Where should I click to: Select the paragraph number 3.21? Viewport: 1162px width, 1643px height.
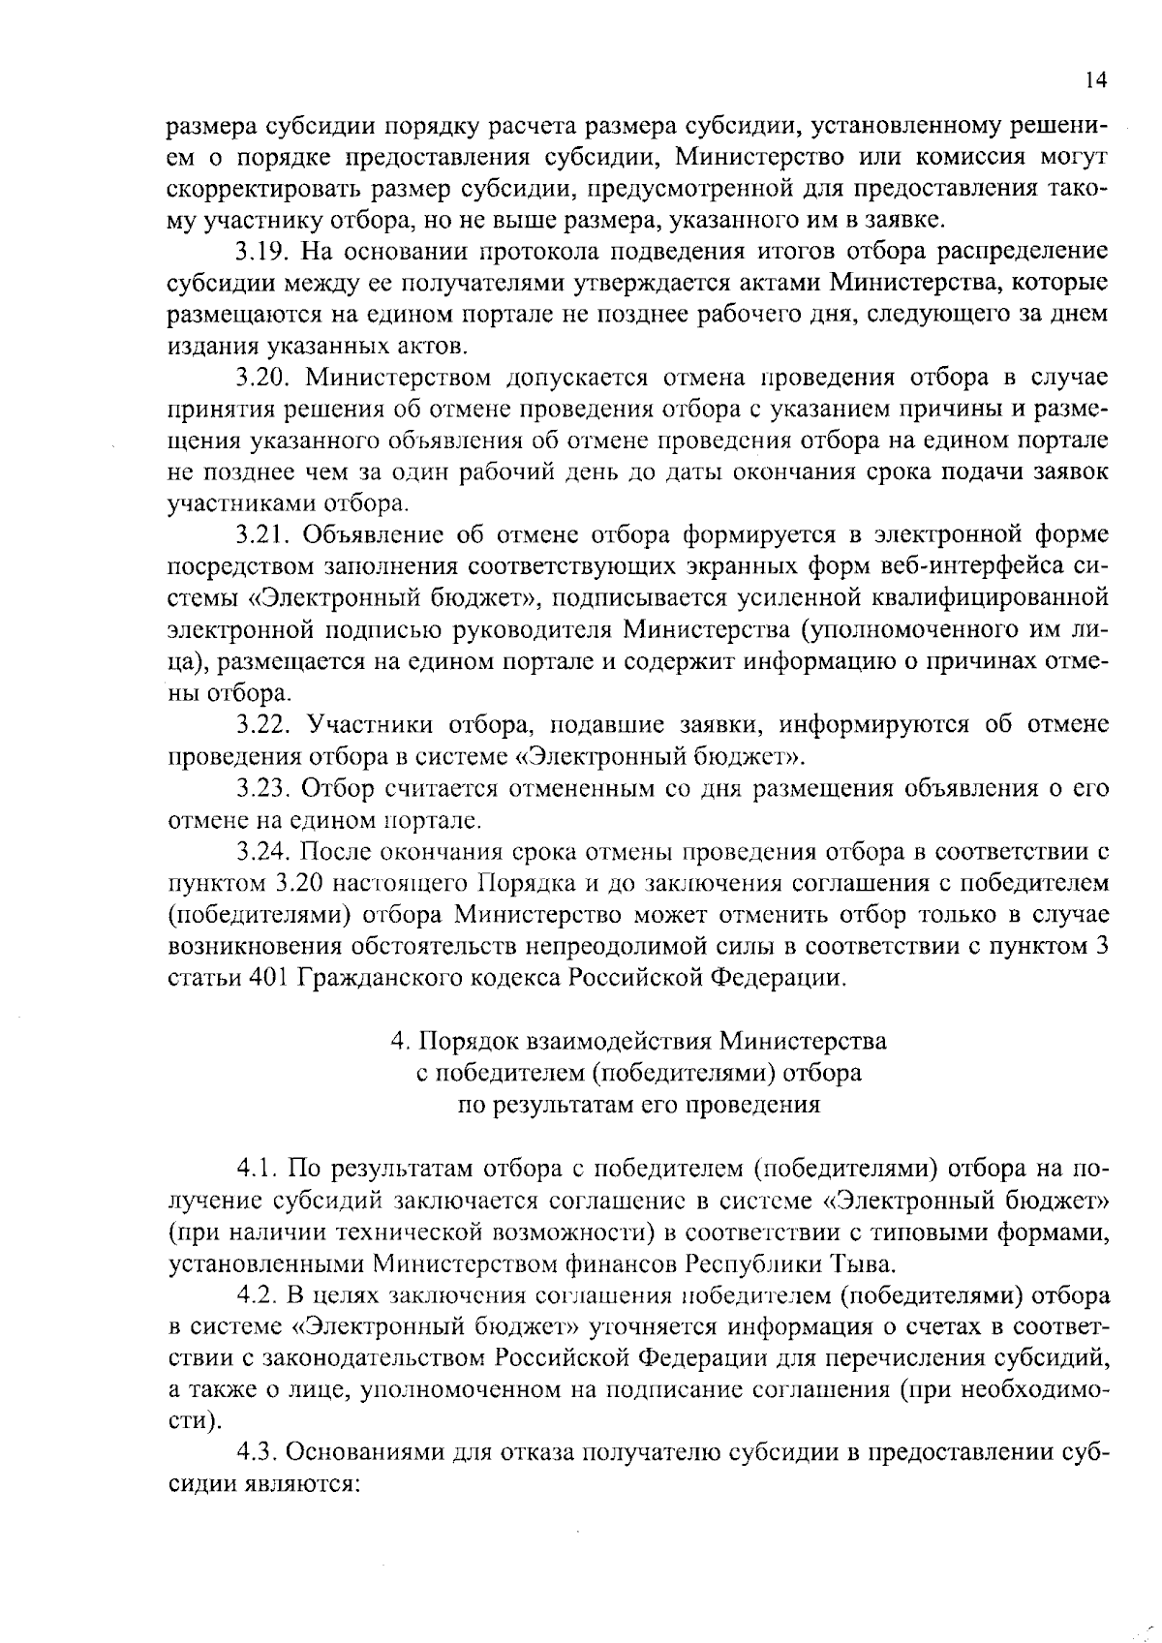264,535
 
